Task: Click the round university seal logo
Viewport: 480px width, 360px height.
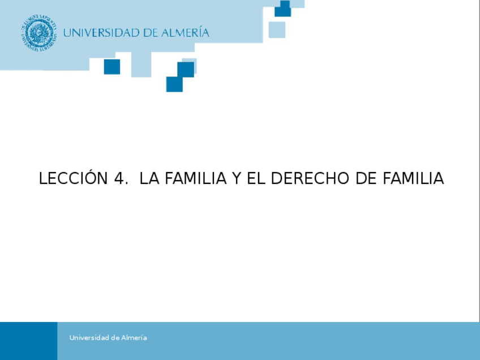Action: tap(40, 32)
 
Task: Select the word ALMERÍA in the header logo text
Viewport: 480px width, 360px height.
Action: tap(185, 32)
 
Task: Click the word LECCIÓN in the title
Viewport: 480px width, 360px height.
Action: tap(73, 178)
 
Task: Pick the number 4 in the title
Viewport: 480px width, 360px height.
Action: tap(119, 179)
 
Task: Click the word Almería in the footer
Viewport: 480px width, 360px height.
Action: tap(134, 338)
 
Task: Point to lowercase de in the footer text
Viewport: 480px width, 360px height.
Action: tap(116, 338)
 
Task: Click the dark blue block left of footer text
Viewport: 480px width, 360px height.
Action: tap(28, 341)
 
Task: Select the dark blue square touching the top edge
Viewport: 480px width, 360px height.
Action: tap(282, 8)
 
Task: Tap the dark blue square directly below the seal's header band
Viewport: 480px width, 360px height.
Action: tap(112, 67)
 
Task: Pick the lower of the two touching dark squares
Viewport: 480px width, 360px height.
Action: tap(174, 84)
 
